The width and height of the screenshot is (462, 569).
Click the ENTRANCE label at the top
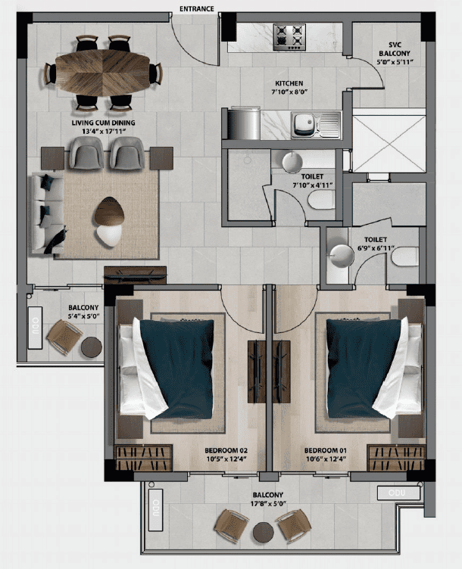pos(196,8)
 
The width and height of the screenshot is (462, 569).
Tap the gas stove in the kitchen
pos(289,37)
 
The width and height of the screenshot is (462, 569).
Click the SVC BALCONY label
pos(395,49)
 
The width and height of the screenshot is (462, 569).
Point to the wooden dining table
pos(103,74)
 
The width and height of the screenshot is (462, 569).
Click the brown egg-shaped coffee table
pos(109,211)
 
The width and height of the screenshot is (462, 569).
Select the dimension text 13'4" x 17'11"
pos(104,132)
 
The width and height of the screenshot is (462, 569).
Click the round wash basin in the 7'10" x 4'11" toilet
pos(292,162)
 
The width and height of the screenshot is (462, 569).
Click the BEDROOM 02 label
pos(226,450)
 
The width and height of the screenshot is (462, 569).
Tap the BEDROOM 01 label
pos(326,450)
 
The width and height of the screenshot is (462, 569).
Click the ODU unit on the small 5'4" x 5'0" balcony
pos(36,328)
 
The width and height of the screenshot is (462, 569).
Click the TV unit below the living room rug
pos(135,275)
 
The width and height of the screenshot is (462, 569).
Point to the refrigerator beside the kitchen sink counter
pos(244,123)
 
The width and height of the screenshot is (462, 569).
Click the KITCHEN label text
pos(289,83)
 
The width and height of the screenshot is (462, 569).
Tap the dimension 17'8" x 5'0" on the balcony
pos(268,504)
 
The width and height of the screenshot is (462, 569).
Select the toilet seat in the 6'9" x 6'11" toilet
pos(405,257)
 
